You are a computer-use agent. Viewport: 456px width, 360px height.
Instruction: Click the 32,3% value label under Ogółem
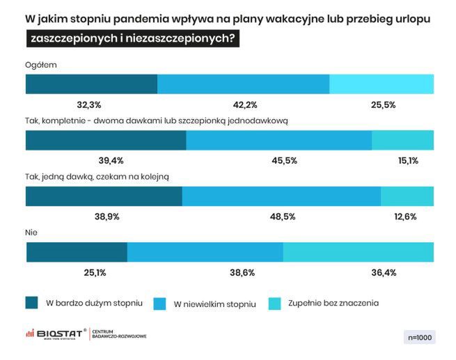(89, 105)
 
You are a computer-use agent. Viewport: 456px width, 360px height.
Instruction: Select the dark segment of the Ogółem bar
(91, 84)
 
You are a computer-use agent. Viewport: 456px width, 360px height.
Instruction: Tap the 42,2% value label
(245, 105)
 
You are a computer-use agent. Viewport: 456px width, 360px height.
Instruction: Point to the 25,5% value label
(384, 105)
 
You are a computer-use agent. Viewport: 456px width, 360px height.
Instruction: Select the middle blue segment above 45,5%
(278, 140)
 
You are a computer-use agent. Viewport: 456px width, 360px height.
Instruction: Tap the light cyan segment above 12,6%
(407, 196)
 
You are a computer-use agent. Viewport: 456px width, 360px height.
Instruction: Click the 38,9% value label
(107, 217)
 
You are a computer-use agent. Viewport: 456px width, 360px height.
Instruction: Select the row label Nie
(31, 232)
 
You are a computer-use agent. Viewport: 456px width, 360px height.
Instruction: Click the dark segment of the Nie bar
(77, 251)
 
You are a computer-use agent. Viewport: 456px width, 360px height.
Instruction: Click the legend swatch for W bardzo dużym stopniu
(31, 303)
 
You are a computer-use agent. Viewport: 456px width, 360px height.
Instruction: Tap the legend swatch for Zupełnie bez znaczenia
(274, 303)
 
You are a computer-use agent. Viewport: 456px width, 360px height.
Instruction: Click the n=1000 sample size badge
(418, 337)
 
